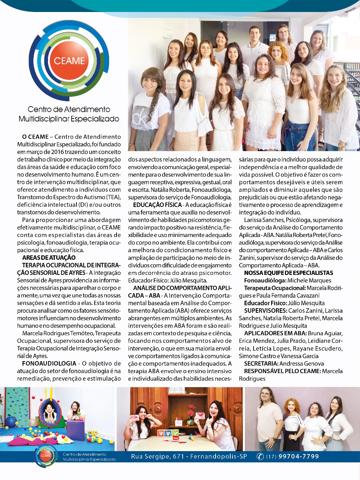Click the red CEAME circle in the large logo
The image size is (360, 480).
coord(69,60)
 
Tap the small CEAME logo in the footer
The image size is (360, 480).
coord(46,456)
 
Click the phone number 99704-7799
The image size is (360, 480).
coord(298,456)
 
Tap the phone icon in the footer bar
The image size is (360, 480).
coord(260,456)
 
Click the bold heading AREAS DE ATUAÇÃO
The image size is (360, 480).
coord(49,258)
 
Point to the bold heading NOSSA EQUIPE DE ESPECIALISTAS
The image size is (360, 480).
coord(288,273)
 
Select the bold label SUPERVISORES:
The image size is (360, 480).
coord(265,310)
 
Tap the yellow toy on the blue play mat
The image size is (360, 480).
coord(94,435)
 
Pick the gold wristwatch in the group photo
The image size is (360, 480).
coord(341,145)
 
